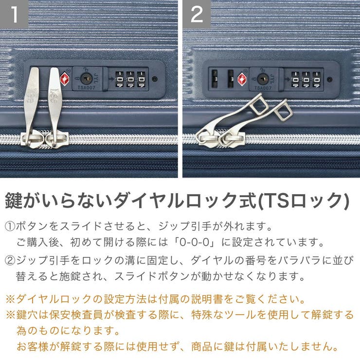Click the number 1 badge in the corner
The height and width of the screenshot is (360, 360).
(15, 14)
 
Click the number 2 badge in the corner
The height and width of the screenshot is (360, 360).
(197, 14)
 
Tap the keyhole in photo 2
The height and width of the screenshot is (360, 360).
(263, 78)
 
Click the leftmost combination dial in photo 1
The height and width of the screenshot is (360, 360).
(119, 79)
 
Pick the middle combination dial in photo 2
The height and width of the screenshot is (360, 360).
(306, 79)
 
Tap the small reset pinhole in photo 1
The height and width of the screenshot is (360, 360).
(155, 79)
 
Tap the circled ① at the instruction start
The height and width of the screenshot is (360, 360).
(10, 227)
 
